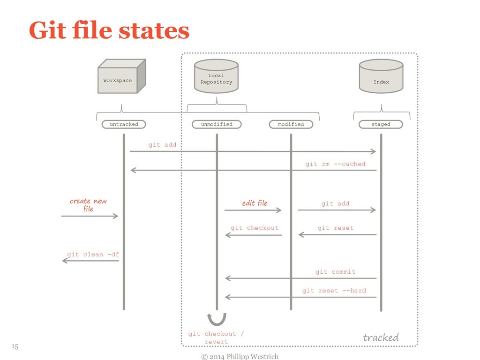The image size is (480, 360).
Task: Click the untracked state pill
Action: (x=124, y=124)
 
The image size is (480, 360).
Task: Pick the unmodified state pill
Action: (x=217, y=124)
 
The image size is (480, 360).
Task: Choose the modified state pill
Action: (x=291, y=124)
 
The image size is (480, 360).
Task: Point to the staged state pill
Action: (x=381, y=124)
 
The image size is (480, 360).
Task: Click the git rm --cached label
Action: (x=335, y=164)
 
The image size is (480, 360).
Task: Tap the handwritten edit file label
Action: (x=255, y=203)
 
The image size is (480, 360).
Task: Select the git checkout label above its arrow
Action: (x=255, y=228)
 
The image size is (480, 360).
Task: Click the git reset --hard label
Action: (x=334, y=291)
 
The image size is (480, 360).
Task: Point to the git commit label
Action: (x=335, y=272)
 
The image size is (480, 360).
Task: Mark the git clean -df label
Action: (x=93, y=255)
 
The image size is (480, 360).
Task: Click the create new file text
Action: (x=88, y=205)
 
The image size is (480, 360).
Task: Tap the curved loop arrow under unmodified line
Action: (x=217, y=319)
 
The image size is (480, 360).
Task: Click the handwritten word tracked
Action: (x=381, y=337)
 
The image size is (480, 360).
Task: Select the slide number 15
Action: (x=15, y=346)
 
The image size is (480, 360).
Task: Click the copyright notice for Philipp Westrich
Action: (x=240, y=357)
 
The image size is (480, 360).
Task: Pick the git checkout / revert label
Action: (x=216, y=337)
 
